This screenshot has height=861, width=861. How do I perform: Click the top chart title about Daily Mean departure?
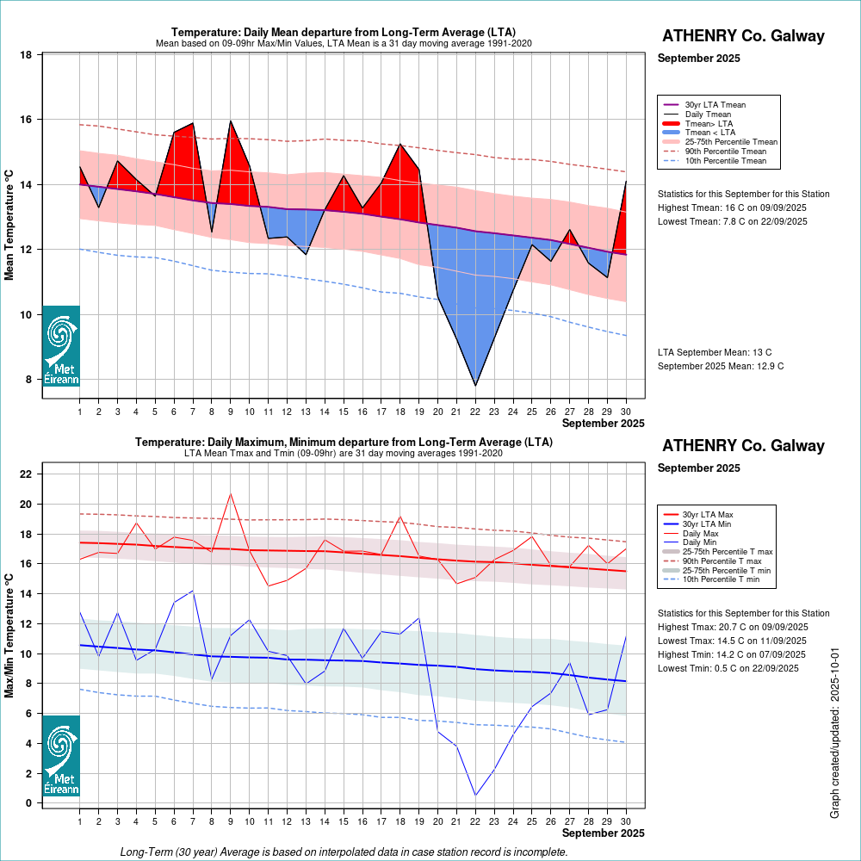(x=344, y=33)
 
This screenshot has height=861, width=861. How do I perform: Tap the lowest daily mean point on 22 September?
(x=475, y=385)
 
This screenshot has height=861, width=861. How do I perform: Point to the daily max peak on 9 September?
(x=230, y=493)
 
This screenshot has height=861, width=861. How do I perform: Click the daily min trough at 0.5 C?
(x=475, y=795)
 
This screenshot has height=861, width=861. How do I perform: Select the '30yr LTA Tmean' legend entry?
(x=715, y=105)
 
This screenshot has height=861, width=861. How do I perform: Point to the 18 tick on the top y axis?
(x=26, y=55)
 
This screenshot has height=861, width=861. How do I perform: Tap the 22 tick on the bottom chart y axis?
(x=26, y=474)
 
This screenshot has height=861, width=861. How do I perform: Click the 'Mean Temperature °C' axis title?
(x=10, y=225)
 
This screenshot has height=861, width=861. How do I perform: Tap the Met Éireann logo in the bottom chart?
(x=61, y=755)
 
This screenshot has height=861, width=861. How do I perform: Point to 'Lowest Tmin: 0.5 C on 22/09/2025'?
(x=732, y=669)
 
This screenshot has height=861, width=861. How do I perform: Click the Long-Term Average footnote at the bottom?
(x=344, y=852)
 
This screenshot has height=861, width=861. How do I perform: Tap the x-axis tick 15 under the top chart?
(x=344, y=412)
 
